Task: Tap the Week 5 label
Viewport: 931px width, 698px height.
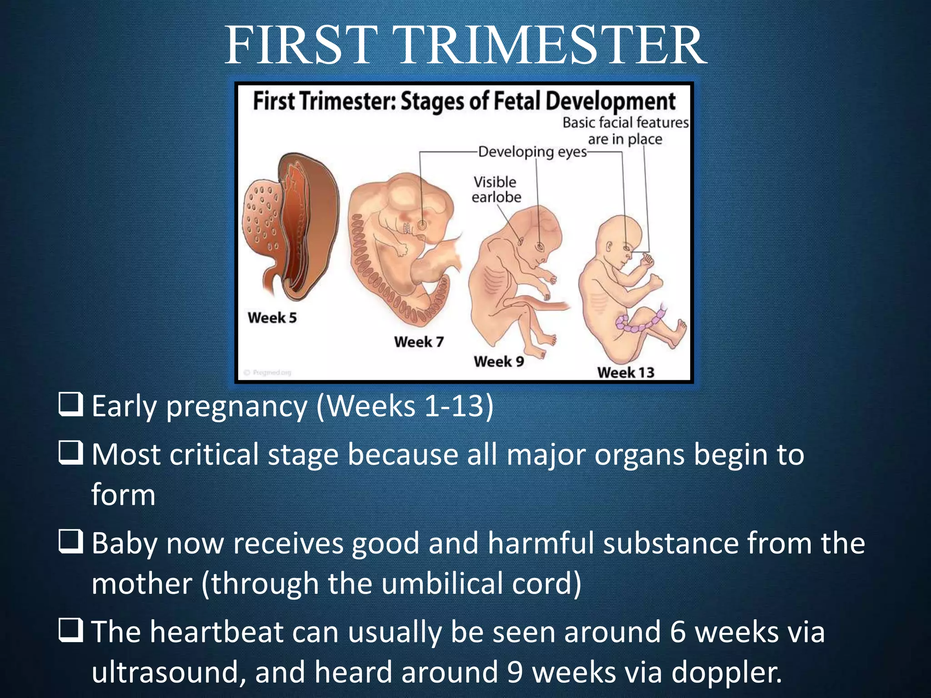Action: pos(272,317)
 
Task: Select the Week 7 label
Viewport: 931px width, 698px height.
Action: pos(419,342)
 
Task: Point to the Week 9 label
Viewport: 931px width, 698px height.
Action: pos(499,362)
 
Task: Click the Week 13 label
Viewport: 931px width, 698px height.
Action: pos(626,373)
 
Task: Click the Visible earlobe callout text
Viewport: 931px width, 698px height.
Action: pos(496,189)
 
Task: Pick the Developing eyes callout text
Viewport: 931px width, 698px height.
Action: pos(532,152)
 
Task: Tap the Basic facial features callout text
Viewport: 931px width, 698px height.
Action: pos(626,131)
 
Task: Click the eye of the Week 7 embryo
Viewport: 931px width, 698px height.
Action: pos(422,224)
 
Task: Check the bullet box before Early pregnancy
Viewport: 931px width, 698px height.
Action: pos(71,404)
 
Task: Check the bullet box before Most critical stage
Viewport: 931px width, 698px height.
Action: pos(71,453)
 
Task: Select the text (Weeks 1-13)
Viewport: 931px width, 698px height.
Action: pos(405,406)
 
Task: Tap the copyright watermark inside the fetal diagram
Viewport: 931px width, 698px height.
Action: pos(268,373)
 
